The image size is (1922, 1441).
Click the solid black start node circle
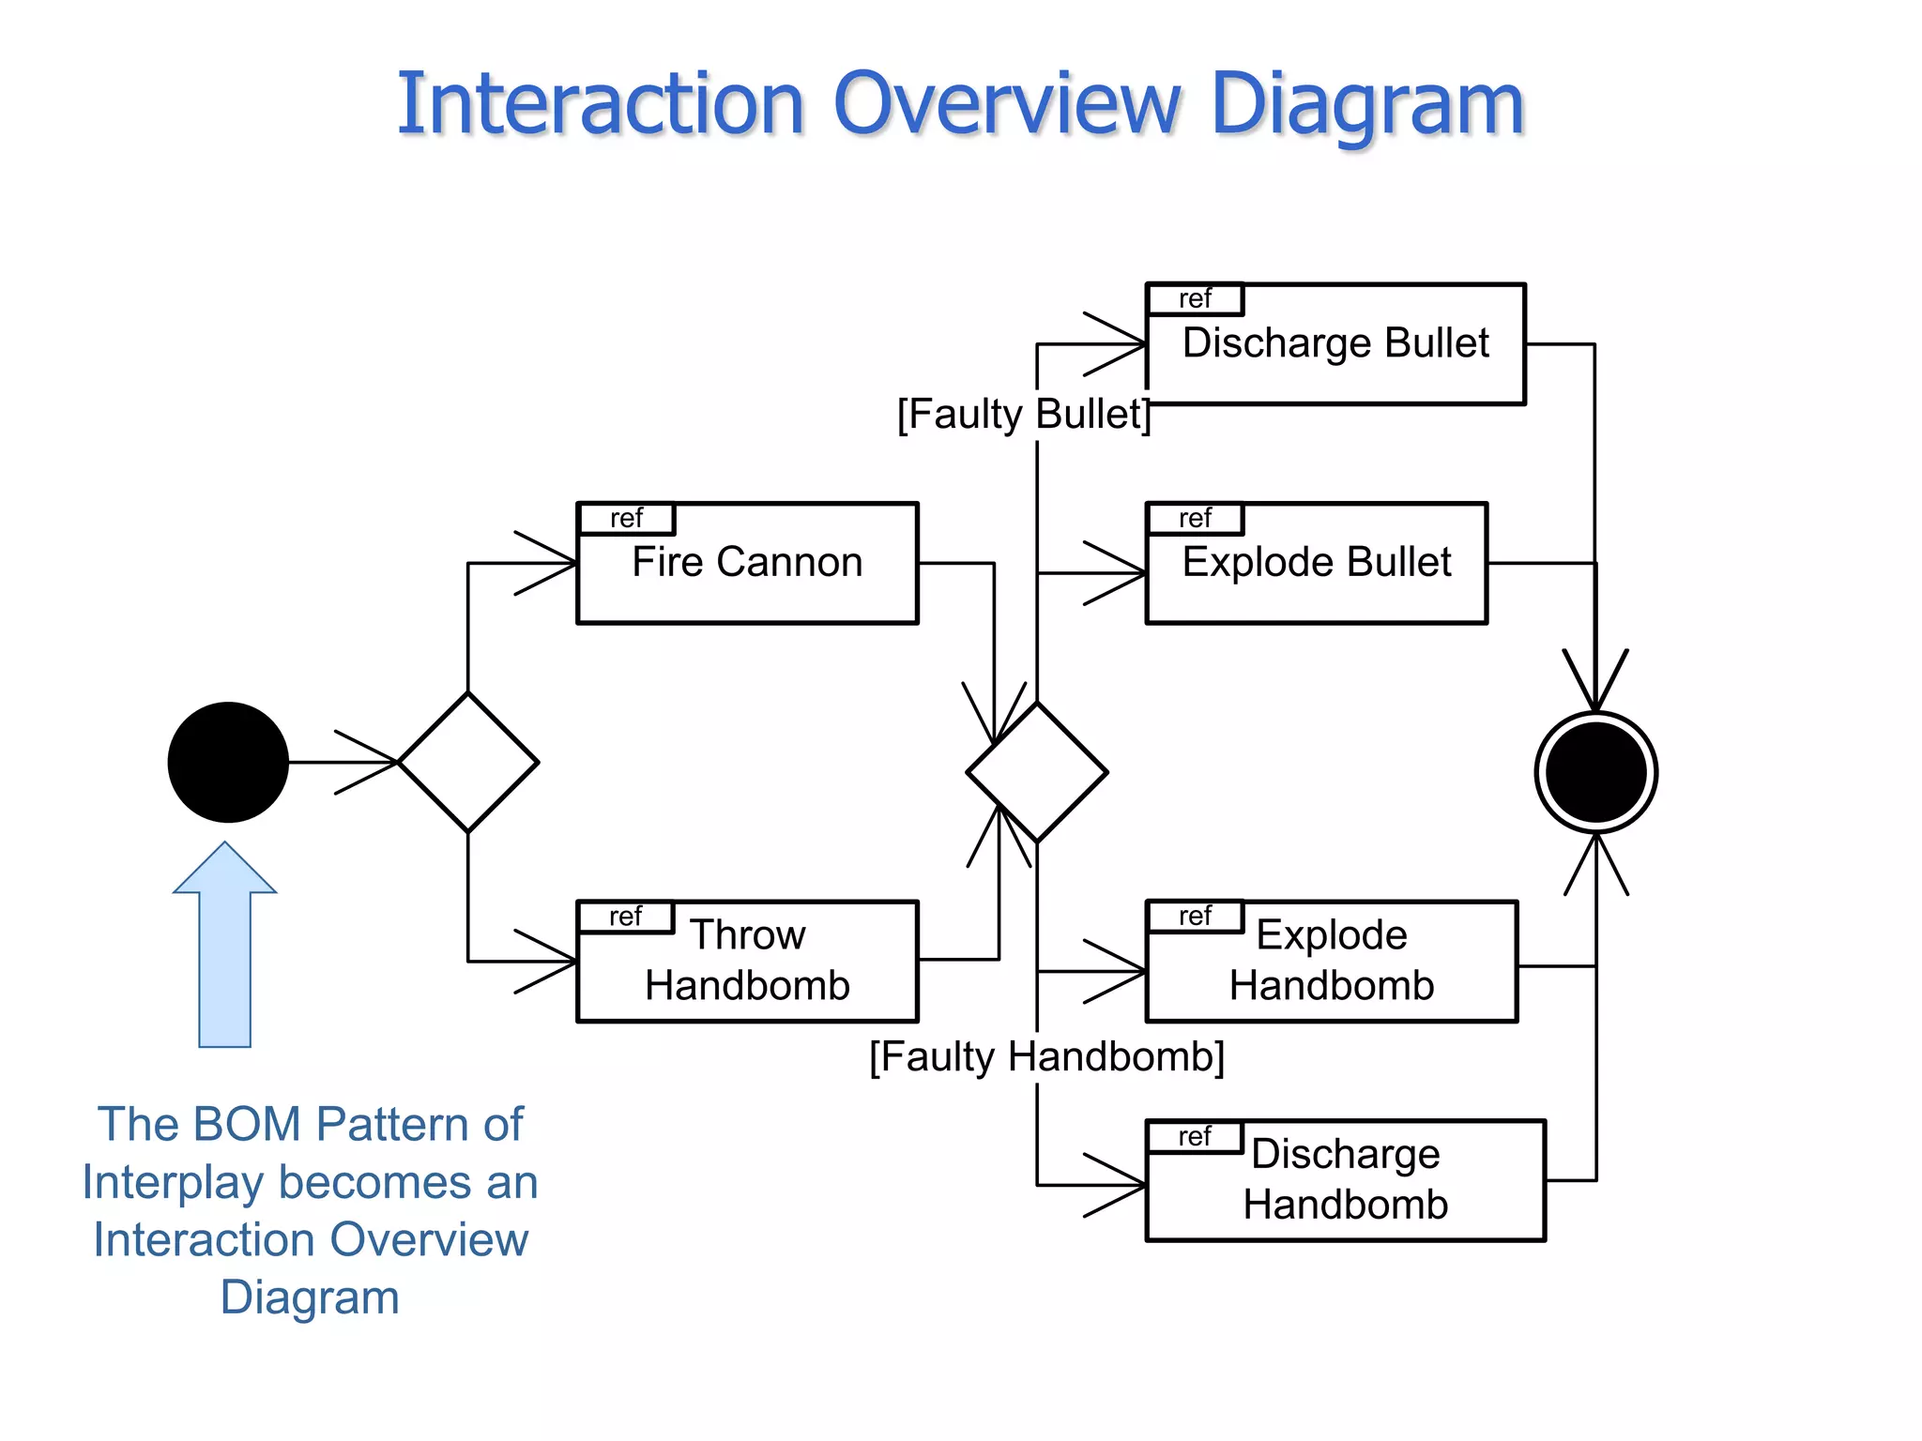(x=228, y=762)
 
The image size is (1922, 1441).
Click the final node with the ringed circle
(x=1595, y=772)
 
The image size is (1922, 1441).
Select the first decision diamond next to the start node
(x=468, y=762)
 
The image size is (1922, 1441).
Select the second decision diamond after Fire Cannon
(x=1037, y=772)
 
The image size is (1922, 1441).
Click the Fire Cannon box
(x=747, y=563)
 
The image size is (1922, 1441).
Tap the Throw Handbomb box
(x=747, y=961)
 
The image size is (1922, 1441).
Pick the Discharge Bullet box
(x=1335, y=344)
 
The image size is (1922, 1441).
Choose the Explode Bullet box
(x=1316, y=563)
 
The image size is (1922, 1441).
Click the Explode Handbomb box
(x=1331, y=961)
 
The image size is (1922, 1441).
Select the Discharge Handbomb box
(x=1345, y=1180)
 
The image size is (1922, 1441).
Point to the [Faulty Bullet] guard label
(x=1023, y=414)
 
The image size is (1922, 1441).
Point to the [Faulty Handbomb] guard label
(x=1046, y=1057)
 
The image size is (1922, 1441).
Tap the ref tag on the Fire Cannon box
(x=626, y=519)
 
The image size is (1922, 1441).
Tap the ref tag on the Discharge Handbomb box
(x=1195, y=1137)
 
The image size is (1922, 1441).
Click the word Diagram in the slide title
(x=1367, y=105)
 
